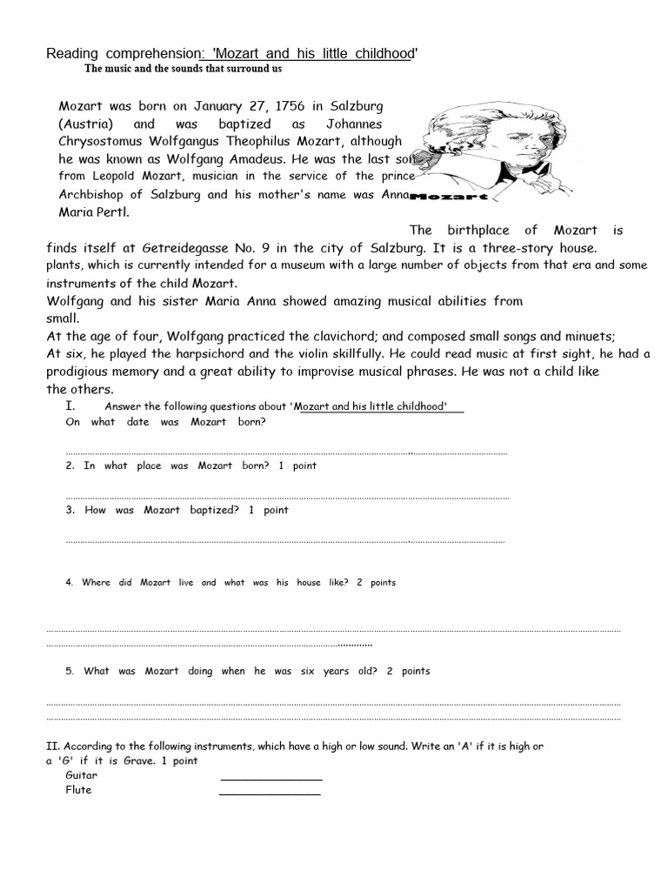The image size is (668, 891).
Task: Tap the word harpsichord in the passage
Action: tap(172, 354)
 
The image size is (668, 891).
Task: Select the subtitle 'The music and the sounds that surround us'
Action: tap(183, 68)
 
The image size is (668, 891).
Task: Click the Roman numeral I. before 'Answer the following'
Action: tap(70, 405)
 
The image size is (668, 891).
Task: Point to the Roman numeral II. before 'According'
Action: tap(53, 747)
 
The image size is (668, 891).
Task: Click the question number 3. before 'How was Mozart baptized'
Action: tap(70, 510)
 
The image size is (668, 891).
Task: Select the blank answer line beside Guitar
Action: tap(271, 779)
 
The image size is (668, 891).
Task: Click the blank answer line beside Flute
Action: tap(270, 793)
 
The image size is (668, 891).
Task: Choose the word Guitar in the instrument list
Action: tap(82, 775)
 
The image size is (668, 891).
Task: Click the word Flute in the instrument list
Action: tap(78, 790)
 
